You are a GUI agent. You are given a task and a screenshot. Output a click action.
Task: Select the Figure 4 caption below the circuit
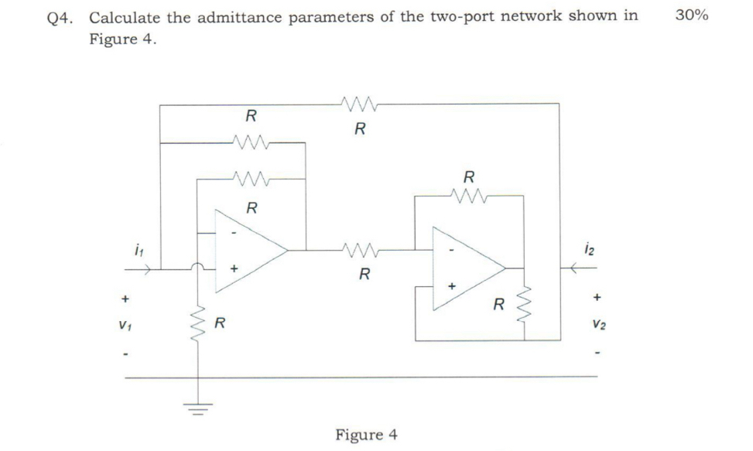[366, 434]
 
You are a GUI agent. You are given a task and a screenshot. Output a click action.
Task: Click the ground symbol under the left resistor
[198, 409]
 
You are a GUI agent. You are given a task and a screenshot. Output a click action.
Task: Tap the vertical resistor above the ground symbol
[198, 324]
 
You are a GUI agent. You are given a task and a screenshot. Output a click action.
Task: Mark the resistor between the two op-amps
[361, 250]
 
